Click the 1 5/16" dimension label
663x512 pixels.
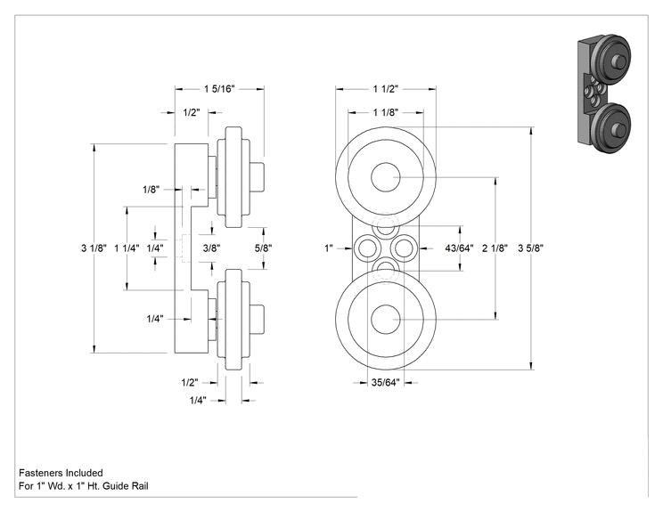tap(219, 89)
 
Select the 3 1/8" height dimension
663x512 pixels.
tap(94, 248)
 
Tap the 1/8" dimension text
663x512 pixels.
tap(151, 190)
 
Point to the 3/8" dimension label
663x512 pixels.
tap(211, 248)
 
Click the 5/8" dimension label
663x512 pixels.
tap(263, 248)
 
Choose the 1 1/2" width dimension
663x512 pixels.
tap(386, 89)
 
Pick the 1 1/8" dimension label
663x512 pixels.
tap(386, 112)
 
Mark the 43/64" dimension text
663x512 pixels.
tap(459, 248)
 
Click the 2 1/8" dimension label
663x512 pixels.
tap(495, 248)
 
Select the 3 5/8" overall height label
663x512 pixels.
tap(530, 248)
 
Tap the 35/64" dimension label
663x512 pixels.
tap(385, 382)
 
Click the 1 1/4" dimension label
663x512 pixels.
tap(127, 248)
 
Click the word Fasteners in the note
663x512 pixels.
tap(40, 473)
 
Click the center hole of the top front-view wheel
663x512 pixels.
tap(386, 177)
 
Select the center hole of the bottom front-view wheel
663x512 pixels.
tap(386, 320)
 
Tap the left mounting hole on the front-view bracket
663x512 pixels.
tap(365, 248)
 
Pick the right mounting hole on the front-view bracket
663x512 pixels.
tap(405, 248)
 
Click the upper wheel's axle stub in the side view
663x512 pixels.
tap(257, 177)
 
